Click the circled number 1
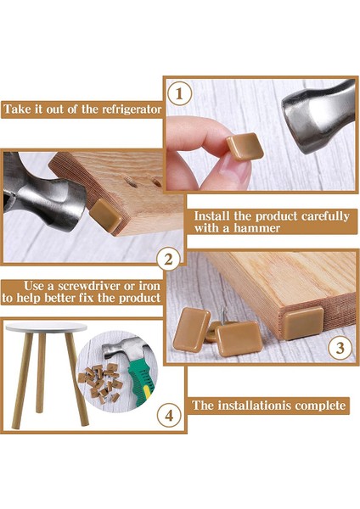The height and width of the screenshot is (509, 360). (x=179, y=94)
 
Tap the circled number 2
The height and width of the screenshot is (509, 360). (x=168, y=260)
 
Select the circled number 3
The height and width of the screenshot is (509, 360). (x=340, y=348)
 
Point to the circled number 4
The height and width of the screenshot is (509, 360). (x=169, y=415)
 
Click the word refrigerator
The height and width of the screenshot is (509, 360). (x=132, y=109)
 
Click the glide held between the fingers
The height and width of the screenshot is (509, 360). (x=245, y=147)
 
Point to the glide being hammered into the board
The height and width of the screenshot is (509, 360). (x=105, y=215)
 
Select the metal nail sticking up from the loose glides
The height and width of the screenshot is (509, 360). (x=222, y=313)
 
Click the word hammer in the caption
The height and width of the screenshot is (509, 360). (x=256, y=228)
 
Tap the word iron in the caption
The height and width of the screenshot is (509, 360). (x=149, y=286)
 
